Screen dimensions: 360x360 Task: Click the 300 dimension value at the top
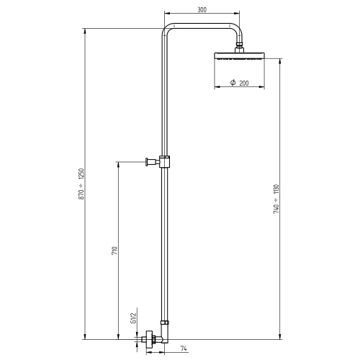point(202,10)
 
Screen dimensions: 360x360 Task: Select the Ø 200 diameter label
point(239,84)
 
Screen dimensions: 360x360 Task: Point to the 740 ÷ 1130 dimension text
point(276,197)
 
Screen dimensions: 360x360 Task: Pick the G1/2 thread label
point(133,317)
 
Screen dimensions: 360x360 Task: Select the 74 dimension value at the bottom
point(184,348)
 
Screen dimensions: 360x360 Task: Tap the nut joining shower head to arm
point(239,49)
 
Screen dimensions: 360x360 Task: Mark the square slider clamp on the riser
point(166,161)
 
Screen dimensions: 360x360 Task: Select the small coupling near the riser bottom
point(166,323)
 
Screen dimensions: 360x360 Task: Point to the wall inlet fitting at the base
point(150,337)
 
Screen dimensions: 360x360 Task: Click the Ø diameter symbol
point(233,84)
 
